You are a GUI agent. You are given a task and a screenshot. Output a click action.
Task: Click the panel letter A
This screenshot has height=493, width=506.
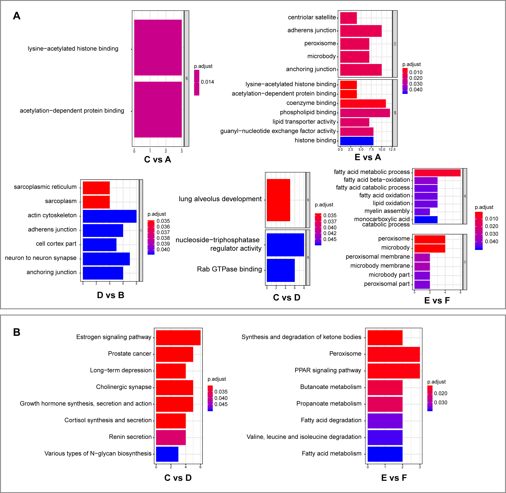(16, 16)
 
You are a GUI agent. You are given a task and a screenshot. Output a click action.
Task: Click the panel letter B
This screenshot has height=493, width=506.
(16, 332)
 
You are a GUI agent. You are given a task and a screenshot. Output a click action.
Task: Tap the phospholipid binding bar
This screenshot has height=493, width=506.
(365, 113)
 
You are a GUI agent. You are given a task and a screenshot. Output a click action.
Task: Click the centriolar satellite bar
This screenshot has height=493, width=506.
(348, 18)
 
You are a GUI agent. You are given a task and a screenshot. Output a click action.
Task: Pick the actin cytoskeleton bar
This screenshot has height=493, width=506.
(110, 216)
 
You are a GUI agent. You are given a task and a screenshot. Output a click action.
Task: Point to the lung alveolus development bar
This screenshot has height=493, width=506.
(278, 200)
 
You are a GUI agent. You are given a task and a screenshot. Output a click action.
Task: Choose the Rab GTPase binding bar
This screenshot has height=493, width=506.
(281, 270)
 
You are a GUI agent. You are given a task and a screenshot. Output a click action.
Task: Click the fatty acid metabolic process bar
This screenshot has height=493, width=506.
(437, 173)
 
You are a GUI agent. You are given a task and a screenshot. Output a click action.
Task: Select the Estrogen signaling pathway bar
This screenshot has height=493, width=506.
(178, 338)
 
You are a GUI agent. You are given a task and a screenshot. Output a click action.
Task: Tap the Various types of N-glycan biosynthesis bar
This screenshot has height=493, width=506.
(167, 454)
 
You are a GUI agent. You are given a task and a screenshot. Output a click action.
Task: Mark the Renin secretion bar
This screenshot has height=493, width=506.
(171, 437)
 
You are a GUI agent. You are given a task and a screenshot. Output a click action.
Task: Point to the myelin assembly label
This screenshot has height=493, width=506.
(387, 211)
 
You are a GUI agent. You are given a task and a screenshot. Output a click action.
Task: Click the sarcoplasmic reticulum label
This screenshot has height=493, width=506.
(45, 187)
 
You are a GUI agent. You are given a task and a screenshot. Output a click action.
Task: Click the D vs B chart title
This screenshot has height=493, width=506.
(110, 295)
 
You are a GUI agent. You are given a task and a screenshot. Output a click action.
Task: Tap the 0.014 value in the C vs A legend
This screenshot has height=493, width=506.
(207, 82)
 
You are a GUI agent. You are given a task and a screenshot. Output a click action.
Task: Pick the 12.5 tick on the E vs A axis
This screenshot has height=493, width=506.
(392, 149)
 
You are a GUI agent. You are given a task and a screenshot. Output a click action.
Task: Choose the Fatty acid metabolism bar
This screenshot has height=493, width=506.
(385, 454)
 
